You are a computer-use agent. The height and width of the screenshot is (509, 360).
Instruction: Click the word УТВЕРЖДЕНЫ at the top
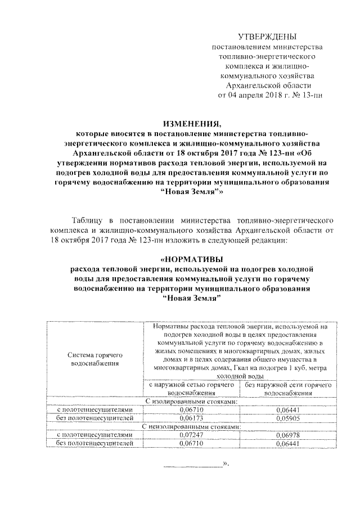coord(266,37)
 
